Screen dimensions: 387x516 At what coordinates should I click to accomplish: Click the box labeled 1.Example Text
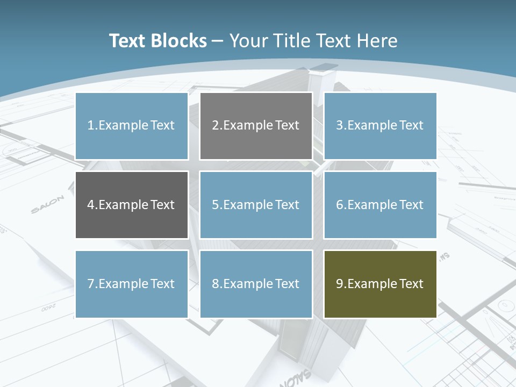coord(132,126)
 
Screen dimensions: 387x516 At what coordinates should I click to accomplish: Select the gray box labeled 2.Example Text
coord(256,126)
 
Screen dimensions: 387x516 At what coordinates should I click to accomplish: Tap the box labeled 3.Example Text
coord(380,126)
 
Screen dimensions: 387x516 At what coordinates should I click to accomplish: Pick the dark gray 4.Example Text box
coord(132,205)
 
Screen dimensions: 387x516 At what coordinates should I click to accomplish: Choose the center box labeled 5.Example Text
coord(256,205)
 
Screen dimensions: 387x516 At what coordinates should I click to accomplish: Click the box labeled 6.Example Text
coord(380,205)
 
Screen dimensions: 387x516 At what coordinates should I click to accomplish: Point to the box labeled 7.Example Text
coord(132,284)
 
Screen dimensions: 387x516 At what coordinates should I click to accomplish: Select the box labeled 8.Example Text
coord(256,284)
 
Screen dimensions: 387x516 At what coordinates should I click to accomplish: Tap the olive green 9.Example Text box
coord(380,284)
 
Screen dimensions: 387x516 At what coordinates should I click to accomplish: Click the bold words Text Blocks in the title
coord(157,41)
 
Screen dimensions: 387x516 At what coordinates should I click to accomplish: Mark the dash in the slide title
coord(218,41)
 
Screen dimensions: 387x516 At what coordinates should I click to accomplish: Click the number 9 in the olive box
coord(340,284)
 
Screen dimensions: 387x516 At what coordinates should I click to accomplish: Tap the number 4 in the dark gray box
coord(91,205)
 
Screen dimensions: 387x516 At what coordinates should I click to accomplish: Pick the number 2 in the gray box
coord(215,126)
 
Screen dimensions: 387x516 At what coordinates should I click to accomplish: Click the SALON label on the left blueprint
coord(47,205)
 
